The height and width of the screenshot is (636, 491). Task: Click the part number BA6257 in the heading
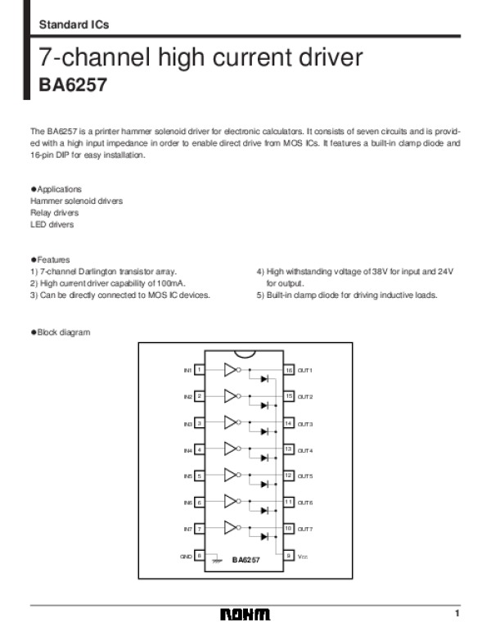click(73, 85)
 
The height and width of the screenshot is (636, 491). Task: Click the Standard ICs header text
click(74, 25)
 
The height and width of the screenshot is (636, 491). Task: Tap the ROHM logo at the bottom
click(245, 615)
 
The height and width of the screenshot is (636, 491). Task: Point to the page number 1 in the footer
click(458, 614)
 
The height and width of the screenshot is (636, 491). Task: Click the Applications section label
click(58, 189)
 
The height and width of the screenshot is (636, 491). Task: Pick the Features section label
click(52, 259)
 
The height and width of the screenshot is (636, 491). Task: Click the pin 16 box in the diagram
click(289, 371)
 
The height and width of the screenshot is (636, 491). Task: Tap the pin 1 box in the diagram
click(200, 371)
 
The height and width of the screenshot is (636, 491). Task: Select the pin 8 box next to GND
click(200, 556)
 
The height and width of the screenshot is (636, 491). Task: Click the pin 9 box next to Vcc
click(289, 556)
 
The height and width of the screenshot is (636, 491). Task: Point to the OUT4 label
click(305, 450)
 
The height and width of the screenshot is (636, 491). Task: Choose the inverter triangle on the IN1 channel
click(230, 370)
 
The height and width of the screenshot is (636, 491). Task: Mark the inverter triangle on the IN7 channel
click(230, 529)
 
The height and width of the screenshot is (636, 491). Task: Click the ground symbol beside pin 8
click(217, 561)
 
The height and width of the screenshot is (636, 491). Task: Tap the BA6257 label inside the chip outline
click(245, 560)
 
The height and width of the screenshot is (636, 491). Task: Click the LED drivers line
click(52, 224)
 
